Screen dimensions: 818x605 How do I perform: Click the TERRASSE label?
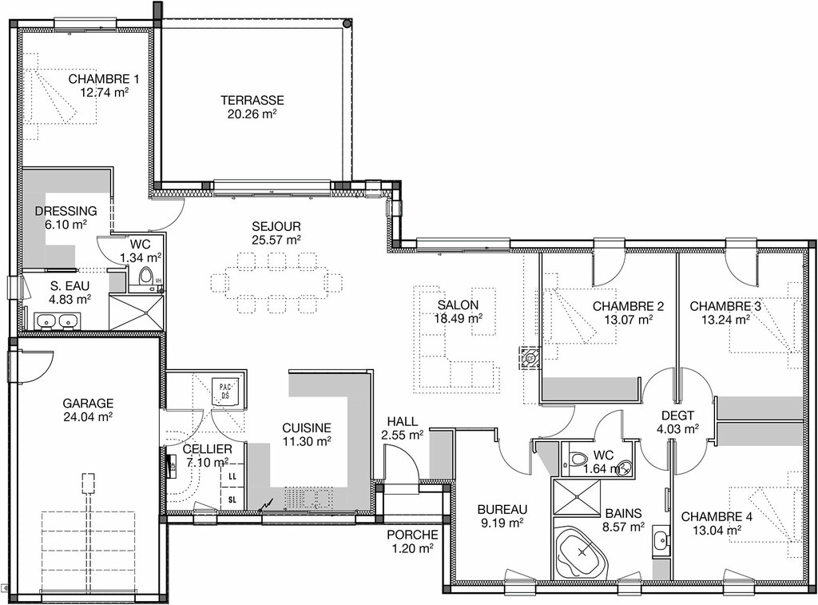click(x=252, y=100)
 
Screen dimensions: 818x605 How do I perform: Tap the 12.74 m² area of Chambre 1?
click(x=104, y=93)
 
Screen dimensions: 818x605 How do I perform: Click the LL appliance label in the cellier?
click(x=232, y=476)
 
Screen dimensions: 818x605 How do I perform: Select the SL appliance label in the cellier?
click(x=232, y=500)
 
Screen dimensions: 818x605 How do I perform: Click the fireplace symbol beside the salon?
click(x=530, y=358)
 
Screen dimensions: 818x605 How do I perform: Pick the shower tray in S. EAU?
click(x=137, y=312)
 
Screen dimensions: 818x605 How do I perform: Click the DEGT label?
click(x=677, y=416)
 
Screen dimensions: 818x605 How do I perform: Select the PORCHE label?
click(x=412, y=535)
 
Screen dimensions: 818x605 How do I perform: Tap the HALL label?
click(x=403, y=422)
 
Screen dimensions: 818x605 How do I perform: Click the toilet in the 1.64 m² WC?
click(x=576, y=460)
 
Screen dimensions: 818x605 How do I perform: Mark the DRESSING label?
click(x=66, y=212)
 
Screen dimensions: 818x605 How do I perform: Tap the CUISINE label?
click(x=307, y=428)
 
